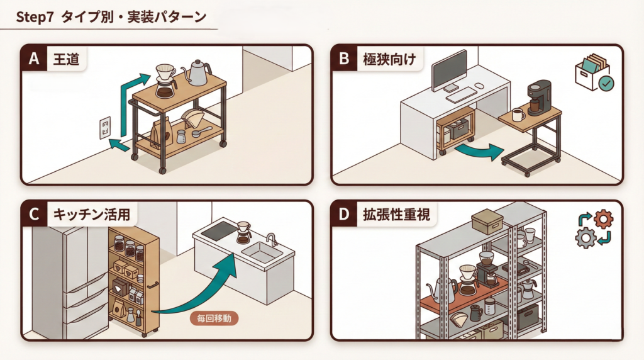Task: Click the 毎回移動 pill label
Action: pyautogui.click(x=214, y=318)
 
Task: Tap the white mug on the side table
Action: pyautogui.click(x=518, y=115)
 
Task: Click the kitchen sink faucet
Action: pyautogui.click(x=272, y=239)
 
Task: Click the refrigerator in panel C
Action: pyautogui.click(x=65, y=277)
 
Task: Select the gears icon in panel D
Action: pyautogui.click(x=594, y=228)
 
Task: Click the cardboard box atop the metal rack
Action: pyautogui.click(x=487, y=222)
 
